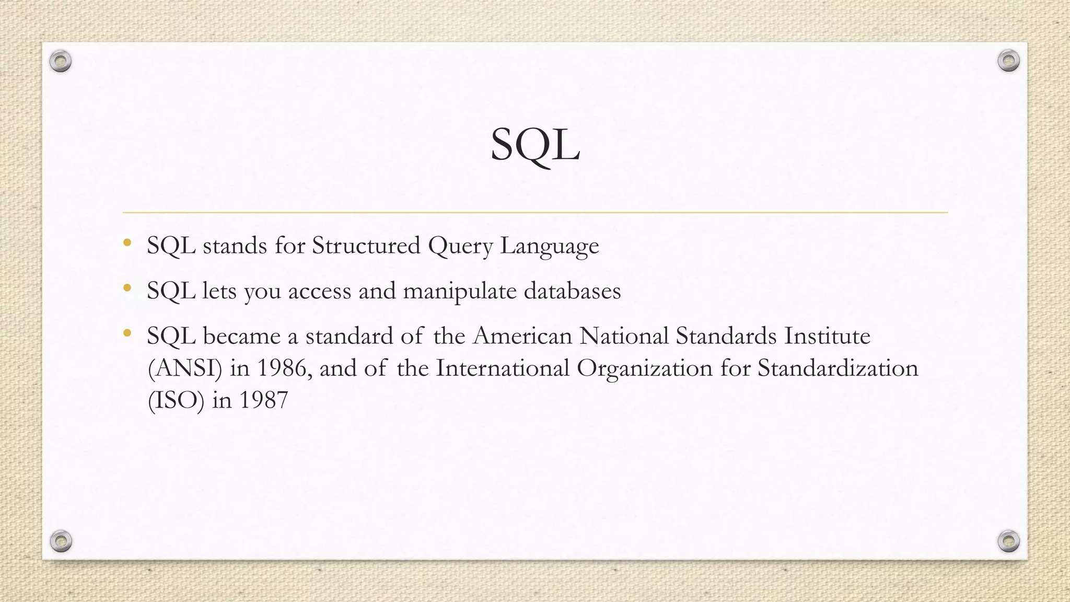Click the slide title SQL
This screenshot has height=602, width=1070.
click(535, 145)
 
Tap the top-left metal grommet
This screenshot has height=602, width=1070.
click(61, 62)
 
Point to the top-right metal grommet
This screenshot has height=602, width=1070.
click(1008, 61)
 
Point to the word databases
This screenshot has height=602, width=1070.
click(572, 291)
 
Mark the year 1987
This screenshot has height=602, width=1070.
click(263, 400)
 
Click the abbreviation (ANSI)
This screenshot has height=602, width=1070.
click(185, 368)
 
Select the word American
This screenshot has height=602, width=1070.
click(522, 335)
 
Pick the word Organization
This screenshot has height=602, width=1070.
click(645, 368)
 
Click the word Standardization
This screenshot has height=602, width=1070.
click(838, 368)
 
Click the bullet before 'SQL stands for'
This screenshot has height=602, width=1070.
click(127, 242)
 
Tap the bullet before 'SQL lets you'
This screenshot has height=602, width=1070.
click(127, 287)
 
